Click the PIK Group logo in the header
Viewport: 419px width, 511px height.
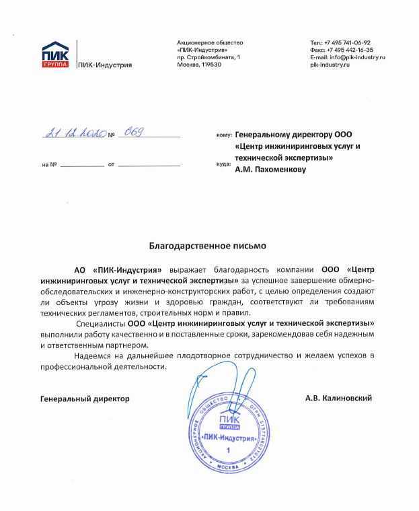55,55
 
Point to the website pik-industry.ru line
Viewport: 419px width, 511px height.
332,65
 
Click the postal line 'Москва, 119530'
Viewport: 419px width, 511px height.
199,65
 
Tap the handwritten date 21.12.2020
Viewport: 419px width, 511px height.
74,133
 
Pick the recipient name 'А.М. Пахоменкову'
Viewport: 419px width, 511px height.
270,170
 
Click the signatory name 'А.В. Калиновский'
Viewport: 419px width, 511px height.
338,399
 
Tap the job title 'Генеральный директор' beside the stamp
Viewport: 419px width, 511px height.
85,399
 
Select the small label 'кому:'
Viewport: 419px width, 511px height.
224,135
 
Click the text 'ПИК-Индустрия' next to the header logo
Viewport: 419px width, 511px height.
105,65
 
